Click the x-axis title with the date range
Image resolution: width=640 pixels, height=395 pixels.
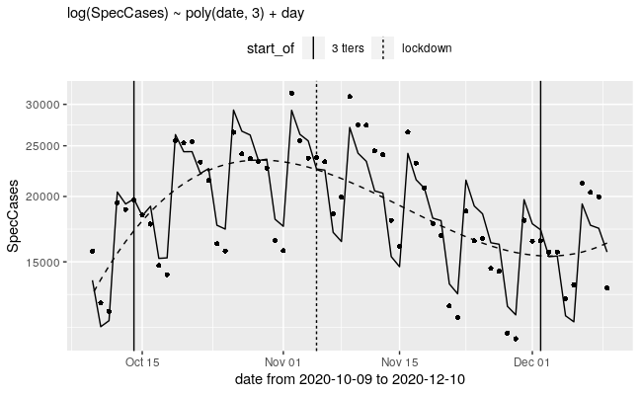[351, 380]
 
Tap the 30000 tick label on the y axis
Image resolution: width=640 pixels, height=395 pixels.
[46, 105]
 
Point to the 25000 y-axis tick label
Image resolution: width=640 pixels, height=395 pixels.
[46, 146]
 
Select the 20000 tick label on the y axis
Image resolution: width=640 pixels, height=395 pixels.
[46, 197]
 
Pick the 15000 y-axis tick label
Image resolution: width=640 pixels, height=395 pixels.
[46, 263]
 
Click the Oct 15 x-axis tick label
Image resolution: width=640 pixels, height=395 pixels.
[142, 361]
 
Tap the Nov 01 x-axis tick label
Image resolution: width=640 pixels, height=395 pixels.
[283, 361]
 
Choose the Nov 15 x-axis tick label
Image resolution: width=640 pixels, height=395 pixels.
[399, 361]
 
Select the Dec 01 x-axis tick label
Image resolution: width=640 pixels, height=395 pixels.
[531, 361]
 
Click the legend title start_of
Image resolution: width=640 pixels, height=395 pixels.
[271, 48]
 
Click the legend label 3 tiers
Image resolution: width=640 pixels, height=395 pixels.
[347, 48]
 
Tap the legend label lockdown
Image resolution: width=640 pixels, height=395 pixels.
[427, 48]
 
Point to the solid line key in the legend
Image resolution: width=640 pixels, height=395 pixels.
[313, 48]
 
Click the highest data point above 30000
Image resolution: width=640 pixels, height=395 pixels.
[291, 93]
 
